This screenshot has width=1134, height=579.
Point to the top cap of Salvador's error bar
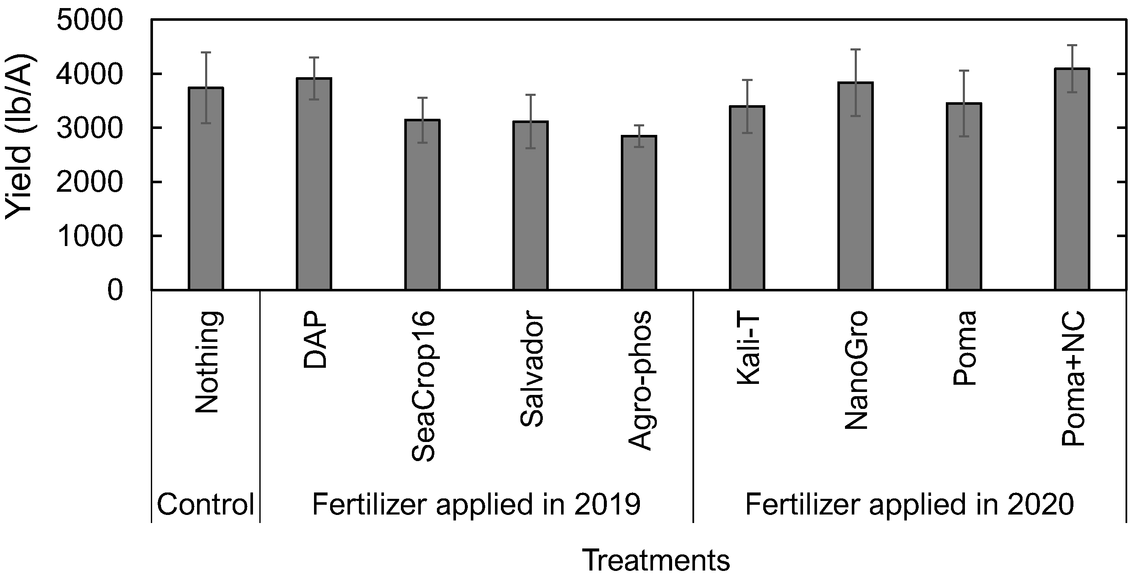point(531,95)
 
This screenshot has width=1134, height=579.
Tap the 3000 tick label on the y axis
point(89,128)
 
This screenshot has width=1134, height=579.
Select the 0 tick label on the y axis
point(115,291)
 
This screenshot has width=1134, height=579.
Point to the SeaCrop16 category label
point(423,386)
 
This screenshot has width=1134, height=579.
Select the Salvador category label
point(531,369)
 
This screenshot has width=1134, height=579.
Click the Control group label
point(206,504)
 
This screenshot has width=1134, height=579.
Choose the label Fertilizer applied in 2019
point(476,504)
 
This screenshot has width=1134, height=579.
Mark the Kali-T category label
point(748,348)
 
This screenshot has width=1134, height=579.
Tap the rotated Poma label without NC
point(964,348)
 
